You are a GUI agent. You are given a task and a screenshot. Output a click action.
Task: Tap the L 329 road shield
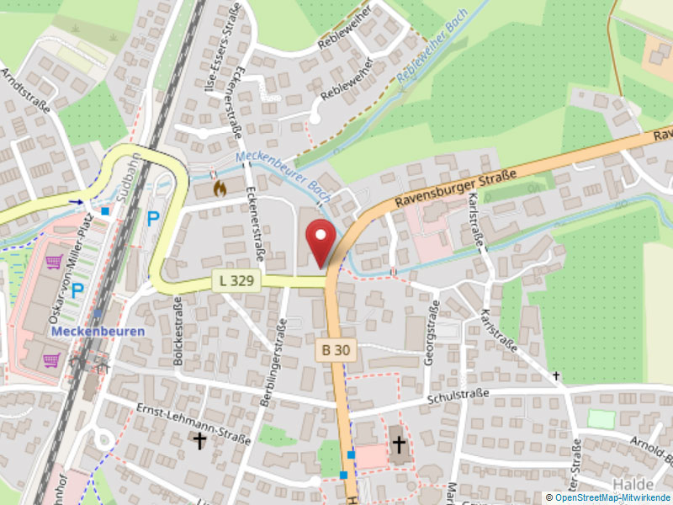point(236,279)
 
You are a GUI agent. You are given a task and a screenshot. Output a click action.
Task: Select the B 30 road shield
point(335,349)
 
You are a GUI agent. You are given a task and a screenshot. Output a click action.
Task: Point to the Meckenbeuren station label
point(98,331)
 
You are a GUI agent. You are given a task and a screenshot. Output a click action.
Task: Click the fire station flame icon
point(220,188)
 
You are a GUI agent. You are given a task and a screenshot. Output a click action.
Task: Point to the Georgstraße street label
point(433,335)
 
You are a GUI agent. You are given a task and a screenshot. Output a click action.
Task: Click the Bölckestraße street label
point(178,330)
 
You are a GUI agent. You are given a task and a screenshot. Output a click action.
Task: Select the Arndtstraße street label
point(25,90)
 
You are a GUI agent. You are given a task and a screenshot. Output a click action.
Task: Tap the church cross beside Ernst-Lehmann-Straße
point(199,440)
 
